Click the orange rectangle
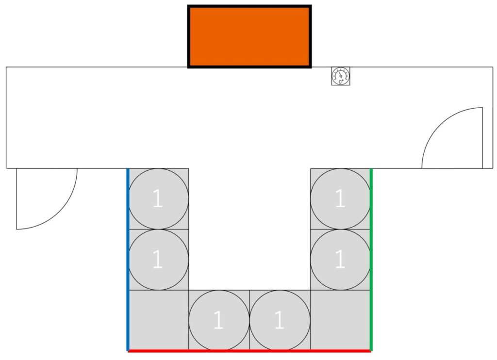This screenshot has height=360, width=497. (250, 36)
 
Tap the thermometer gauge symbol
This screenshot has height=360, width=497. (341, 76)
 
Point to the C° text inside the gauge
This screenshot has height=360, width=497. (341, 82)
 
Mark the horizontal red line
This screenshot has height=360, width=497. (249, 351)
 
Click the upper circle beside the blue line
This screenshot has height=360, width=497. (159, 199)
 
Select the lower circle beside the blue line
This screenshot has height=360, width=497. (159, 260)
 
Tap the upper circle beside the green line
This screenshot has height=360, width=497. (340, 199)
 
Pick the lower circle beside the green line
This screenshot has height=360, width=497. (340, 260)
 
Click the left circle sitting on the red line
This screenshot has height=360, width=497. (219, 320)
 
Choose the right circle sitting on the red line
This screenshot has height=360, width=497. (280, 320)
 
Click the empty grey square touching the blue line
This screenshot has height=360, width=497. (159, 320)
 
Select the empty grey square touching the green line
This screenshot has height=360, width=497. (340, 320)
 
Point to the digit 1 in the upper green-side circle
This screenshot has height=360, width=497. (340, 198)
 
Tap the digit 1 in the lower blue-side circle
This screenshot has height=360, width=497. (158, 259)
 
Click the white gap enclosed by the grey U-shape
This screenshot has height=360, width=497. (249, 229)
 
